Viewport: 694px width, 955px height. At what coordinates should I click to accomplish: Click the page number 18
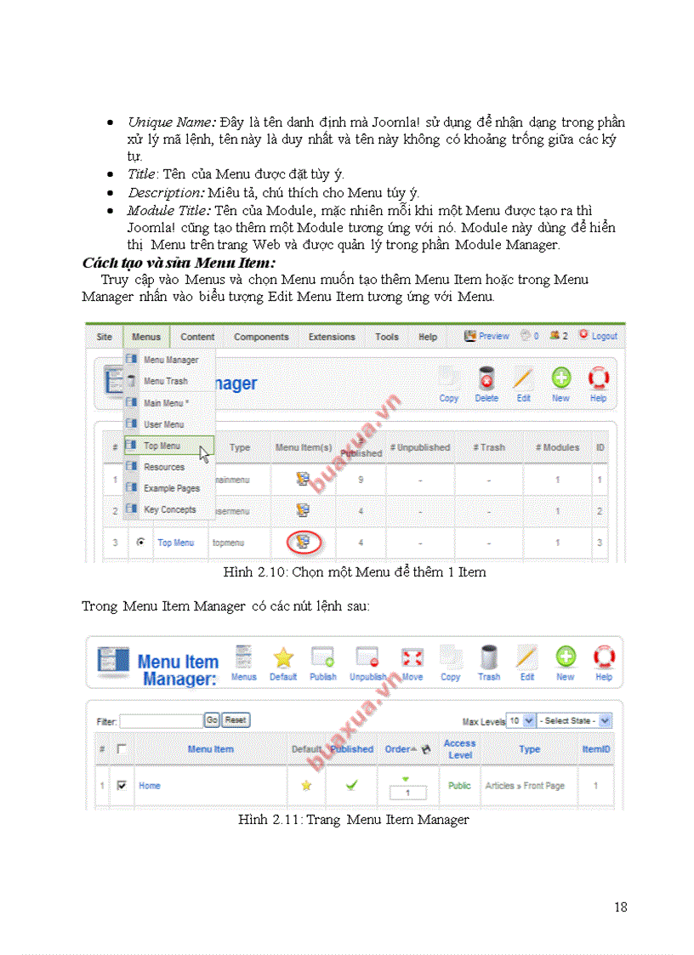620,907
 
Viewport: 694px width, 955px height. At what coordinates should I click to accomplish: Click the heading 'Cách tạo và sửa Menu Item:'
179,263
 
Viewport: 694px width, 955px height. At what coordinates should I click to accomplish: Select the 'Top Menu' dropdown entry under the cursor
162,446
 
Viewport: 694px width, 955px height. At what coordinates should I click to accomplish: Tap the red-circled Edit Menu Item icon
303,542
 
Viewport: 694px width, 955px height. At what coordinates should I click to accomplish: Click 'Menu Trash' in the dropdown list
165,381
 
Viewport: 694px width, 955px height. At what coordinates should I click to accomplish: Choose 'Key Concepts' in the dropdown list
169,509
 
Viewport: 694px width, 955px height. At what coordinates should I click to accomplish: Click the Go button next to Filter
212,720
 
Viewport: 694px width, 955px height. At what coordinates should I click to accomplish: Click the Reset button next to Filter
236,720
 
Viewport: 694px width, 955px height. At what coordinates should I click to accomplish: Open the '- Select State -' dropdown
574,720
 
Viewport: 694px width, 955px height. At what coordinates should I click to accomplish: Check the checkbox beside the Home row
121,786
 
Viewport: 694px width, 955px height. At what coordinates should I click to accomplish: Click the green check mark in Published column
351,786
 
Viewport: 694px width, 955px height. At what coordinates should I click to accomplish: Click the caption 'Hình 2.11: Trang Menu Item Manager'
353,820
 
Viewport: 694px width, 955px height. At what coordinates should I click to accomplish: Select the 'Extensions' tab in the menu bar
332,337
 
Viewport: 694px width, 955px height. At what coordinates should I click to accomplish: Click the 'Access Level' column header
459,749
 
